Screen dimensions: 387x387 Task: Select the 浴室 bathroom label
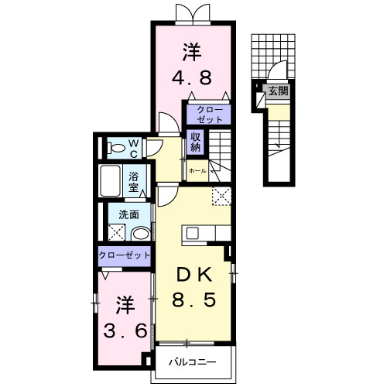(x=133, y=181)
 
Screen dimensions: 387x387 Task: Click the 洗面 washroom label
(x=128, y=215)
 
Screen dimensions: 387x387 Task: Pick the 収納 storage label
(x=196, y=142)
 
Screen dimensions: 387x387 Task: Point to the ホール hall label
(x=197, y=170)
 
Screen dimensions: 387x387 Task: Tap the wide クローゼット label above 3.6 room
(x=124, y=255)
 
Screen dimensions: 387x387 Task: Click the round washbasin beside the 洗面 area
(x=141, y=233)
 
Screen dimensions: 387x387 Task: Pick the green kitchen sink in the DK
(x=191, y=233)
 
